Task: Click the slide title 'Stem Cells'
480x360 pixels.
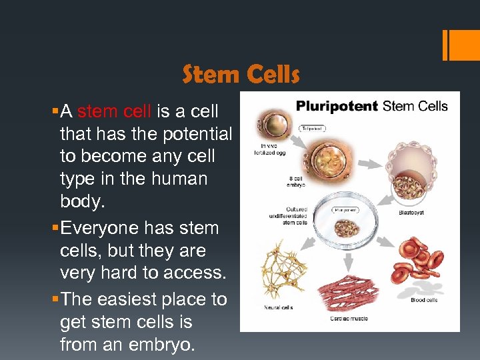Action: (241, 75)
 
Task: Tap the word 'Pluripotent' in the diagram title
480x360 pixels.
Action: (337, 106)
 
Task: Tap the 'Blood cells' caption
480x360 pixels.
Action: (423, 300)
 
